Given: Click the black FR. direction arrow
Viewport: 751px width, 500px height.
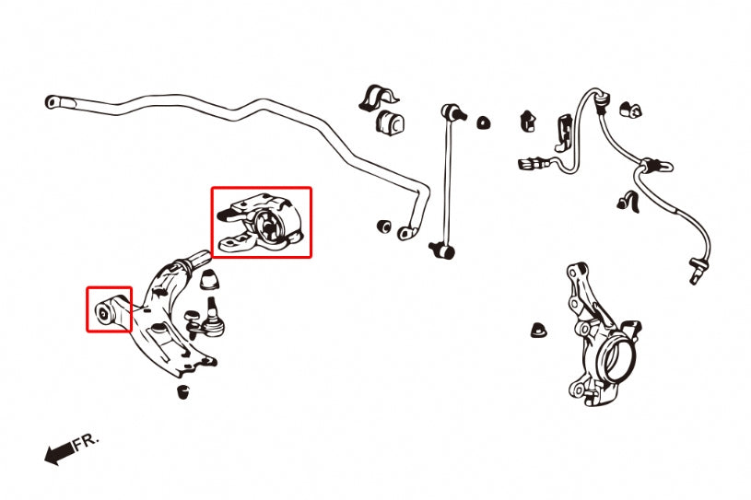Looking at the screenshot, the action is point(59,452).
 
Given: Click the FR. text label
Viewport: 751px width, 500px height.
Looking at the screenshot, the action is point(87,441).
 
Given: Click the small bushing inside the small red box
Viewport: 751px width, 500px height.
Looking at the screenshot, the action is point(103,313).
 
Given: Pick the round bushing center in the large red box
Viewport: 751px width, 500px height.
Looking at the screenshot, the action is point(268,226).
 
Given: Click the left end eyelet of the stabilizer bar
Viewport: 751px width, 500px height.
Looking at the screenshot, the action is point(52,102).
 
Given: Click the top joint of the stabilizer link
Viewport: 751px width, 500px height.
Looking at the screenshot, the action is point(452,113).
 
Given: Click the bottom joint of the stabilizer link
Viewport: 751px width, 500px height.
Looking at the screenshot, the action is point(443,250).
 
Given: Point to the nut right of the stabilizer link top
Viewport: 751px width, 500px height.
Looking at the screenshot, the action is point(484,122).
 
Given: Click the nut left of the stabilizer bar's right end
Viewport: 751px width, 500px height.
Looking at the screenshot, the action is point(384,226).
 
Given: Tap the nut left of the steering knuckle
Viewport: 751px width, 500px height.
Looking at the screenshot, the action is point(539,330).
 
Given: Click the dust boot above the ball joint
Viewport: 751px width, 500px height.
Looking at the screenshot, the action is point(209,279).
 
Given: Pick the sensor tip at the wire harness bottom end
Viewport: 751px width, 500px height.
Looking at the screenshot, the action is point(695,272).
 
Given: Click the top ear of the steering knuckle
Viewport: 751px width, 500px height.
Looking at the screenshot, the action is point(576,271).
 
